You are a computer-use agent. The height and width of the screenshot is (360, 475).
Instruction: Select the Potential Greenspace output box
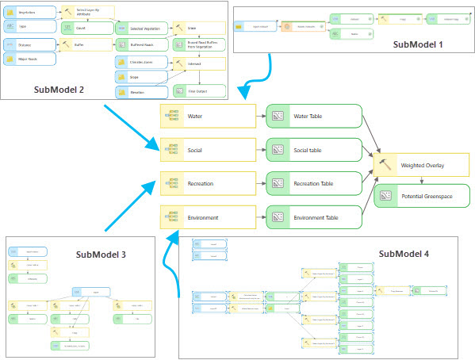(x=421, y=195)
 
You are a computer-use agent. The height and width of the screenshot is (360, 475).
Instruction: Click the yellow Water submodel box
(x=207, y=117)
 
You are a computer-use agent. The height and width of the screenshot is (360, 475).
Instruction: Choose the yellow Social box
(x=207, y=149)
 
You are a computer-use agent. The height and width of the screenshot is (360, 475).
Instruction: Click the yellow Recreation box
(x=207, y=182)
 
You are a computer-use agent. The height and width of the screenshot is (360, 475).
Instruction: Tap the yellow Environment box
(x=207, y=216)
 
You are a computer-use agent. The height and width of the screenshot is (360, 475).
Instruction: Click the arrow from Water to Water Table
(x=260, y=117)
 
